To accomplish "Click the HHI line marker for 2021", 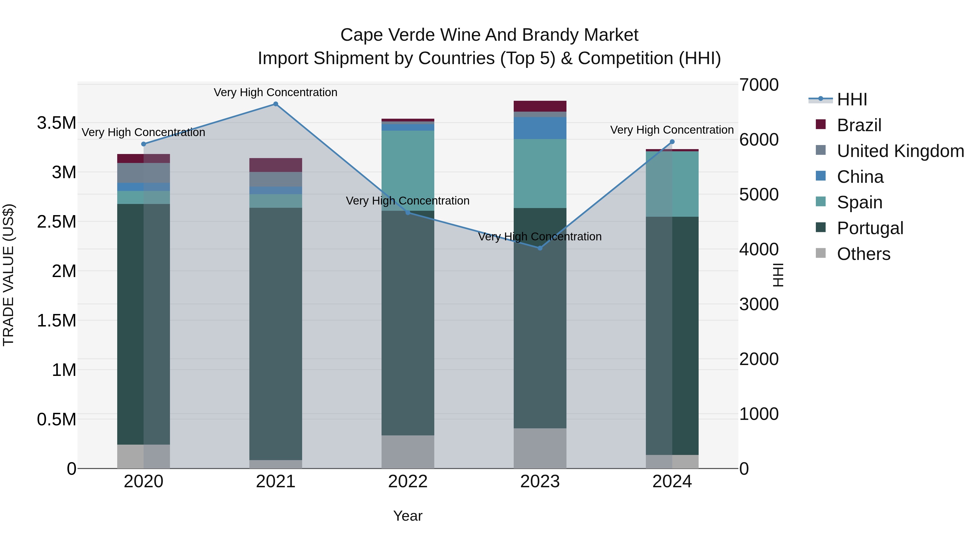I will coord(275,104).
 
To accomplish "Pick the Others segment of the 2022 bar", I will coord(408,452).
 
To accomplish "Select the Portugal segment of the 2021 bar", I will coord(275,334).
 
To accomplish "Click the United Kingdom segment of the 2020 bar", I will coord(143,173).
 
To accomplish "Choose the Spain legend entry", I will coord(859,202).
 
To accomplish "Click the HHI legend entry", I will coord(852,99).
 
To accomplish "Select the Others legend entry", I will coord(863,254).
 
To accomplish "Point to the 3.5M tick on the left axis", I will coord(57,123).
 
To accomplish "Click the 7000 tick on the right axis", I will coord(758,85).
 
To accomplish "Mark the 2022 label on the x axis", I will coord(408,482).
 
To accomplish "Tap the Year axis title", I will coord(408,516).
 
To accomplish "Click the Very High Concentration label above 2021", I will coord(275,92).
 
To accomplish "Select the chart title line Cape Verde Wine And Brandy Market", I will coord(489,35).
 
